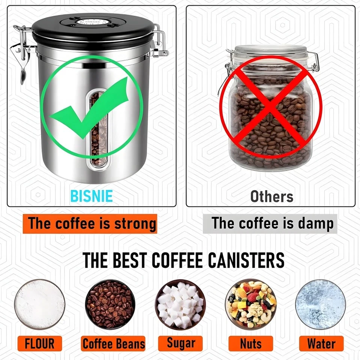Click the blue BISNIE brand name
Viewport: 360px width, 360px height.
click(91, 196)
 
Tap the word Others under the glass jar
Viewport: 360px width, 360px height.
click(272, 196)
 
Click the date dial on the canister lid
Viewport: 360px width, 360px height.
click(94, 21)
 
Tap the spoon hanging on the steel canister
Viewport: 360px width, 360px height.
click(22, 71)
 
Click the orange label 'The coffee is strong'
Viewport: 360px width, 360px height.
click(90, 223)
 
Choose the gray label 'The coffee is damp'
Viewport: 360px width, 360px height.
click(270, 223)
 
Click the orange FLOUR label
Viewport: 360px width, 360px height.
click(39, 343)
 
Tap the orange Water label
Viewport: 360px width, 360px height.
click(321, 343)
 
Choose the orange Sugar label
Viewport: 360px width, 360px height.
click(180, 343)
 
